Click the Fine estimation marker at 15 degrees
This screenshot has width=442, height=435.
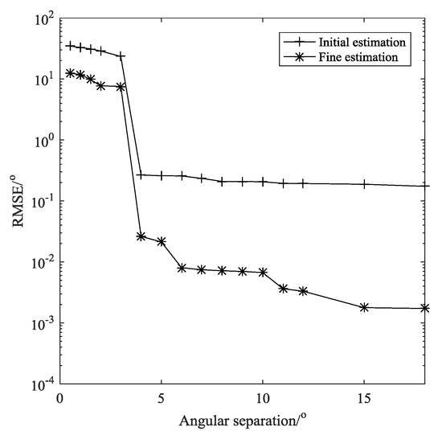click(x=364, y=307)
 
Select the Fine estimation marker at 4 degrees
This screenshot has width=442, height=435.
click(x=141, y=236)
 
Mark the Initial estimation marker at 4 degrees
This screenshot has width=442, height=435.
click(x=141, y=174)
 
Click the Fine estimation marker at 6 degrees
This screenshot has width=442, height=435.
click(x=182, y=268)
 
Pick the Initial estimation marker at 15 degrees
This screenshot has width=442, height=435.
click(x=364, y=184)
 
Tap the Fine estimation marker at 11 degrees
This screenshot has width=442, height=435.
click(x=283, y=288)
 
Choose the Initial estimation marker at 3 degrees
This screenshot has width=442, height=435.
click(x=121, y=55)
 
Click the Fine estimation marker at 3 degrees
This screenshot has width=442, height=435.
click(x=121, y=87)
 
